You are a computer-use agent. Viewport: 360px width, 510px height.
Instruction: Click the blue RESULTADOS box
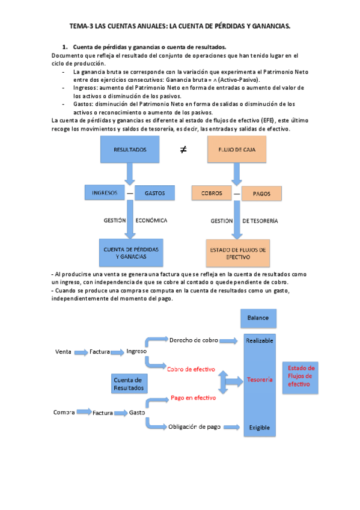pos(129,150)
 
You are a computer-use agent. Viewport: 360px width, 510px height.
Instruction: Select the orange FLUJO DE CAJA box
pos(236,150)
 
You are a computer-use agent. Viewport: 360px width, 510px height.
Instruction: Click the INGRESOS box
pos(105,193)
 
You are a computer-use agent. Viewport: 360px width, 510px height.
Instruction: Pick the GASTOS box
pos(154,193)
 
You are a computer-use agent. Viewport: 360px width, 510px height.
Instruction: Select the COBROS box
pos(212,194)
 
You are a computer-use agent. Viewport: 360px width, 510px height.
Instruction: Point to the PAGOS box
pos(261,194)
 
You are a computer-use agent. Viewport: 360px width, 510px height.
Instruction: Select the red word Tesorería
pos(260,379)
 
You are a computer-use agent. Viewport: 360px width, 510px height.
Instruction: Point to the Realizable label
pos(260,340)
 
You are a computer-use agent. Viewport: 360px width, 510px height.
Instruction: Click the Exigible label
pos(260,428)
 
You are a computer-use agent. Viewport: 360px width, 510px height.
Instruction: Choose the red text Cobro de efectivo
pos(191,369)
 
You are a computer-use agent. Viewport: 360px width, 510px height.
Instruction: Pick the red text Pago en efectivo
pos(193,398)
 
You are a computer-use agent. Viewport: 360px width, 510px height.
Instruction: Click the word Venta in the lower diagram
pos(63,351)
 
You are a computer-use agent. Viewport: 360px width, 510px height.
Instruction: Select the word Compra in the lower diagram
pos(64,413)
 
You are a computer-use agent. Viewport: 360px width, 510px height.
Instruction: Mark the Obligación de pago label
pos(195,426)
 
